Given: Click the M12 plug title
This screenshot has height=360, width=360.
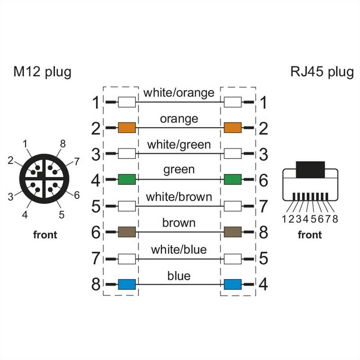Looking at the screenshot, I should point(42,72).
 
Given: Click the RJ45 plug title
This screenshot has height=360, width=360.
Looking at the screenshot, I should point(322,72).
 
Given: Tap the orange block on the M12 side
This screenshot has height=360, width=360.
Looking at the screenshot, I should point(127,127).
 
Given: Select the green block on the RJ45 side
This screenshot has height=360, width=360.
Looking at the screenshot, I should point(232,179).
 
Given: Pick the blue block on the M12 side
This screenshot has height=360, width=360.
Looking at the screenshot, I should point(127,284).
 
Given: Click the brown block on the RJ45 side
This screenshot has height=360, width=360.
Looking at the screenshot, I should point(232,232).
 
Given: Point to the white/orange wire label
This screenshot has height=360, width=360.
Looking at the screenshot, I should point(179,92).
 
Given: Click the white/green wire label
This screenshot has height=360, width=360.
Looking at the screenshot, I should point(179,145).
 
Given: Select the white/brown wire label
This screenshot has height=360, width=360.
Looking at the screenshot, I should point(179,197).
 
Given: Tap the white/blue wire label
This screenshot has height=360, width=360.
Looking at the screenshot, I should point(179,249).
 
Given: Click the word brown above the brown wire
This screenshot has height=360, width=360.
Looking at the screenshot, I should point(179,223).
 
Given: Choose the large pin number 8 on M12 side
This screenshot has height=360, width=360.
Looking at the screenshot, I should point(96,284).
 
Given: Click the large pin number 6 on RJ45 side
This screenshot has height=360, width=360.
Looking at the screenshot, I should point(263,180).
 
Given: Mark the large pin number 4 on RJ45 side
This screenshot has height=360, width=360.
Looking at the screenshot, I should point(263,284).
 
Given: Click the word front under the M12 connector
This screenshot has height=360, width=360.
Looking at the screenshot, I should point(45,235).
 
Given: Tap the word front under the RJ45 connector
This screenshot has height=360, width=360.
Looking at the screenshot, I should point(310,235).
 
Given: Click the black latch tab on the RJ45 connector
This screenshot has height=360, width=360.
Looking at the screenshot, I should point(310,169).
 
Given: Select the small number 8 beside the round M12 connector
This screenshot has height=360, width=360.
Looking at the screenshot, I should point(62,144).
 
